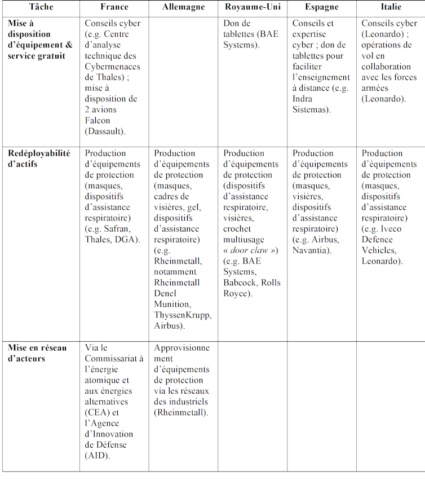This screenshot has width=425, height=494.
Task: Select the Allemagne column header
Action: [x=183, y=7]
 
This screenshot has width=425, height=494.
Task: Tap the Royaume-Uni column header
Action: [x=252, y=7]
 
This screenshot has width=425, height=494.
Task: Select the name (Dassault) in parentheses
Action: [x=105, y=131]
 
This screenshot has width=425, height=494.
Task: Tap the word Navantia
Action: [x=311, y=250]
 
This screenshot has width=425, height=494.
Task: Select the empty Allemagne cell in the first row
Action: [x=183, y=82]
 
